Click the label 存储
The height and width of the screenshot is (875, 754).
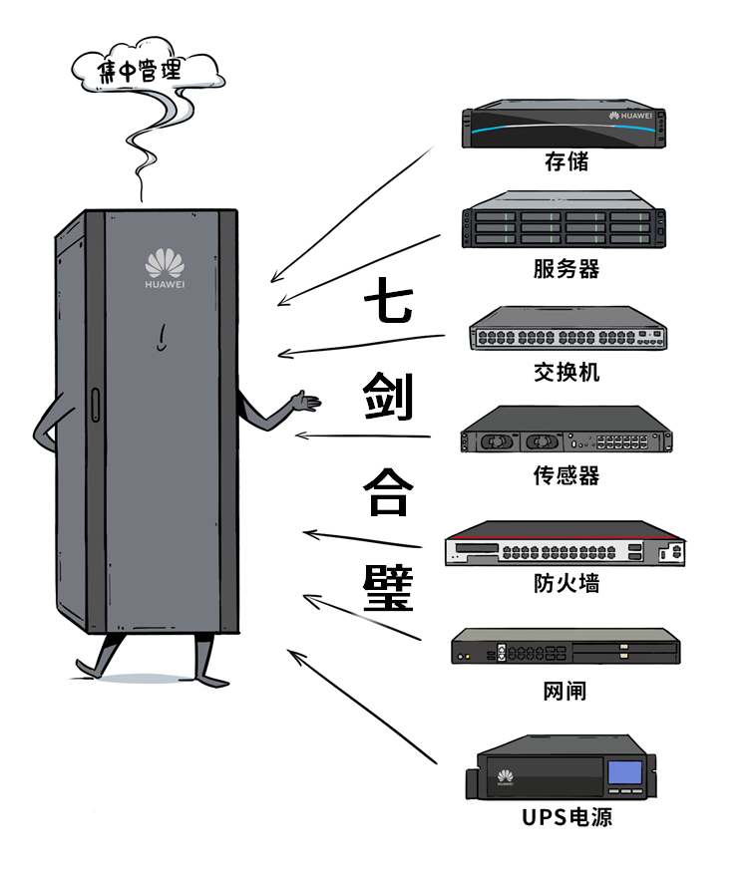[x=565, y=162]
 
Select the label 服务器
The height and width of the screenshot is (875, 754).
[x=565, y=268]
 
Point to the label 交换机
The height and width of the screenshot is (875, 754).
[x=566, y=372]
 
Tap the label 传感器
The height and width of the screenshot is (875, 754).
[x=565, y=475]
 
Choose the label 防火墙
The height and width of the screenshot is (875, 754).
[x=565, y=583]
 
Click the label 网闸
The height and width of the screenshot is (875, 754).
[x=565, y=690]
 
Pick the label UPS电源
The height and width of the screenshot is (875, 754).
[x=566, y=818]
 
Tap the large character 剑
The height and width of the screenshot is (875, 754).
[x=386, y=400]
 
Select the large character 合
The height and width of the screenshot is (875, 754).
[x=386, y=493]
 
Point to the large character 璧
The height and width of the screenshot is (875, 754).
[x=386, y=589]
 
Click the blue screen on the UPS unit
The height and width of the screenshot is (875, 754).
[x=624, y=773]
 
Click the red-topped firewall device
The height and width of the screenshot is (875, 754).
[x=565, y=546]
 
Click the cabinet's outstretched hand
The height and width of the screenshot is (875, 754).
[x=305, y=402]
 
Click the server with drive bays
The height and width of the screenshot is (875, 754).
[x=564, y=228]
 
